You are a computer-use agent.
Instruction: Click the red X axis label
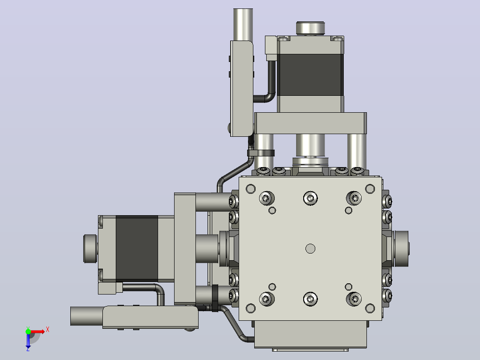pyautogui.click(x=48, y=330)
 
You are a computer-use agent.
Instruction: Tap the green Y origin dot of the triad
pyautogui.click(x=28, y=331)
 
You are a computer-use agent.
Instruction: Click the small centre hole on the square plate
pyautogui.click(x=310, y=249)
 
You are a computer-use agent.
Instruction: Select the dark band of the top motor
pyautogui.click(x=310, y=75)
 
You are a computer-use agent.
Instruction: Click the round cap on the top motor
pyautogui.click(x=310, y=28)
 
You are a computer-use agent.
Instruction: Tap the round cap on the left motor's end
pyautogui.click(x=90, y=249)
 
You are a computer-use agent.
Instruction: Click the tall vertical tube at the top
pyautogui.click(x=243, y=25)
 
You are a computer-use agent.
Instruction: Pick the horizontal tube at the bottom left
pyautogui.click(x=87, y=316)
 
